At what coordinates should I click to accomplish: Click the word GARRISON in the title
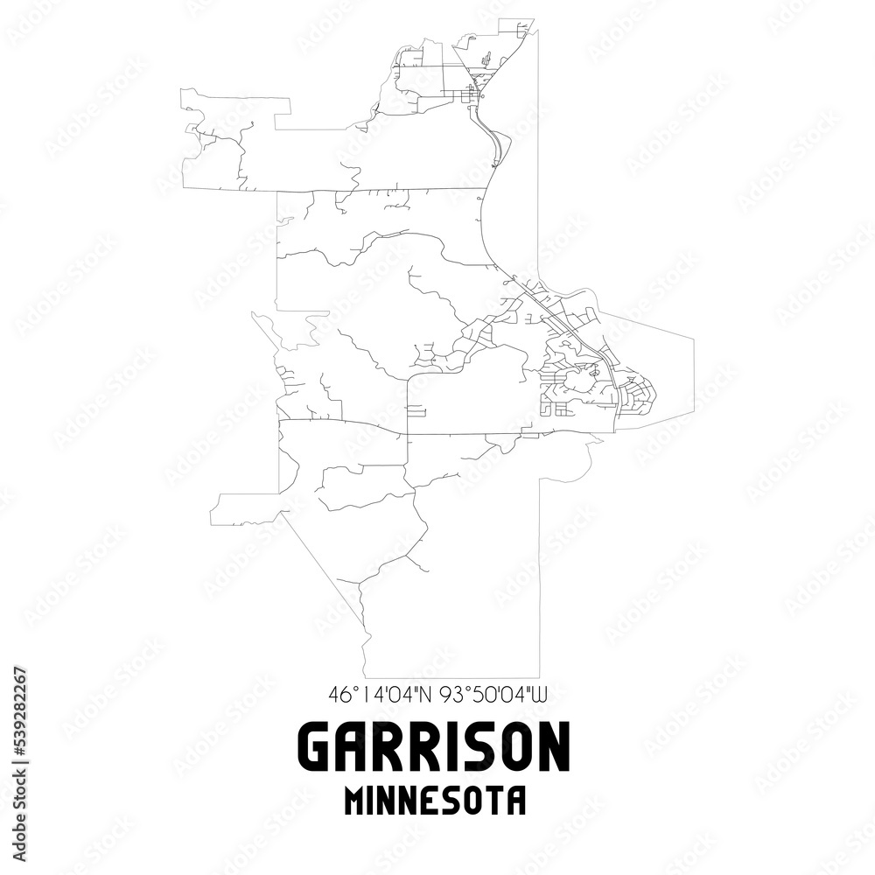(x=436, y=748)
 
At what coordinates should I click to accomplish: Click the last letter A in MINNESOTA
(x=516, y=801)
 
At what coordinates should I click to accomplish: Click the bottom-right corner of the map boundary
(x=538, y=677)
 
